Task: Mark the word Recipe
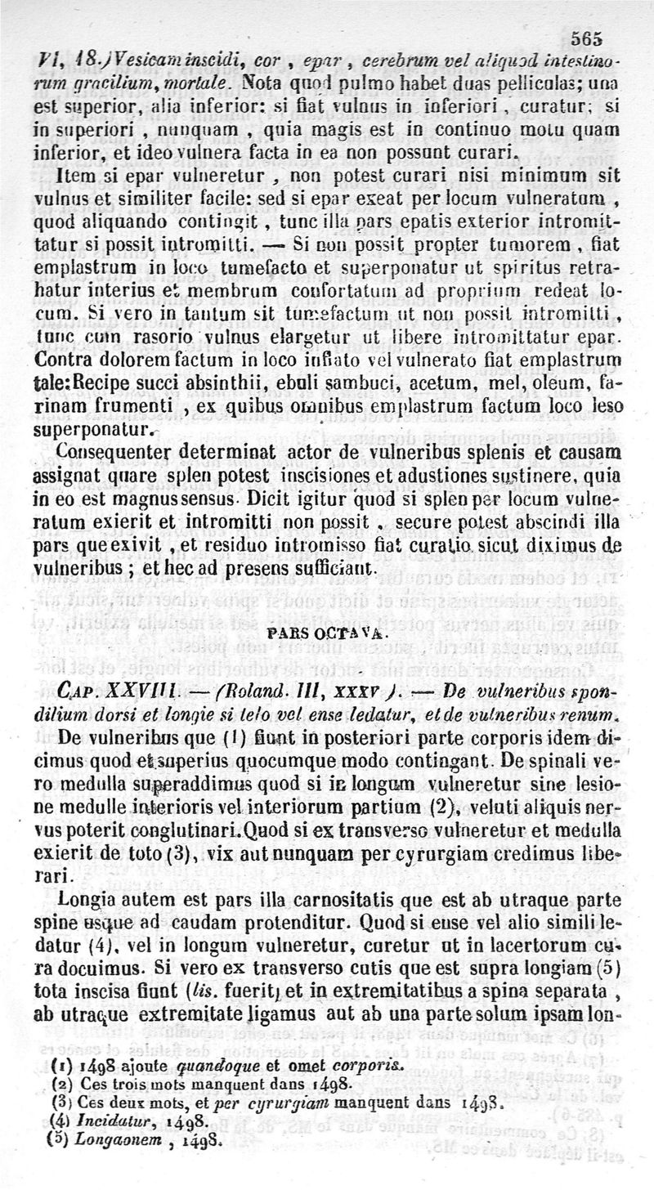click(107, 382)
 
